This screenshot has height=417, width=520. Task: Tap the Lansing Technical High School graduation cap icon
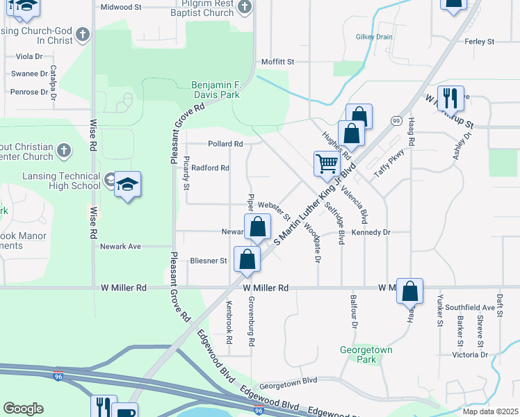[127, 184]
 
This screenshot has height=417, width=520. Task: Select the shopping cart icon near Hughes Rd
[327, 165]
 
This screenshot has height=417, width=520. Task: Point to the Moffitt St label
[277, 62]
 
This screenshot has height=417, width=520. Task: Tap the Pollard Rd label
[225, 144]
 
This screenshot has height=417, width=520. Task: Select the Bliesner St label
[209, 261]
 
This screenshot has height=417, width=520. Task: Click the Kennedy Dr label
[371, 232]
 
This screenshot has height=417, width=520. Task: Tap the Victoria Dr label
[470, 354]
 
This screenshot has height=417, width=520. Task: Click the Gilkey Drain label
[374, 37]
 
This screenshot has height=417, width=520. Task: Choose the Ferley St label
[479, 42]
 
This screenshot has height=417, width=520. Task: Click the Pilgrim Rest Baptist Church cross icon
[244, 7]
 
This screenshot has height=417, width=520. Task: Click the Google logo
[23, 409]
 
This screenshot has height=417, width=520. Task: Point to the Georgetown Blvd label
[287, 381]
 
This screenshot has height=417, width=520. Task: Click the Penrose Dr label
[29, 92]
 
